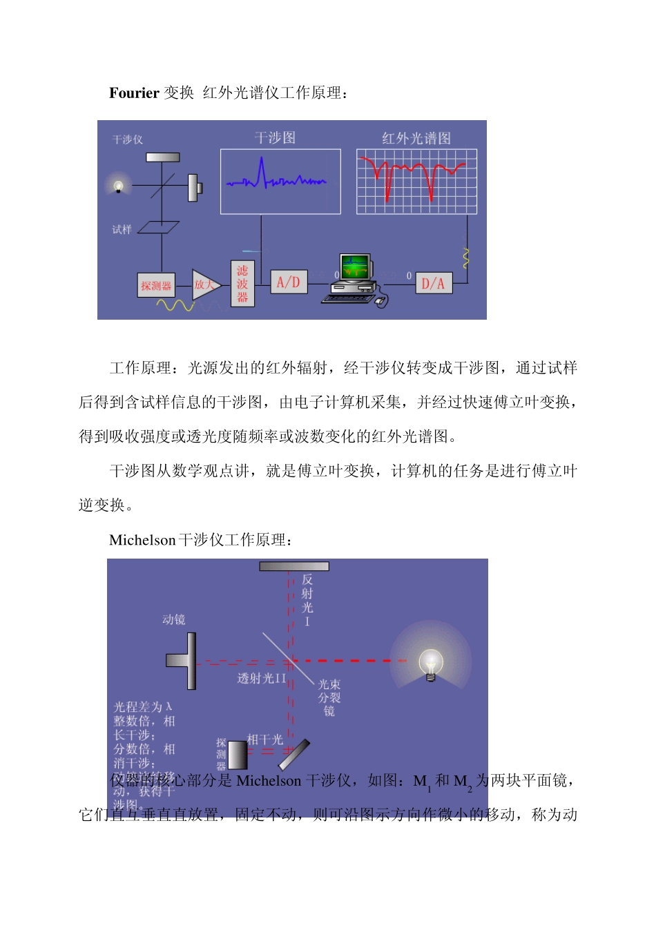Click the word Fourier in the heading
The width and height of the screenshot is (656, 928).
134,93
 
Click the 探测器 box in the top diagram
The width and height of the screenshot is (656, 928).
156,285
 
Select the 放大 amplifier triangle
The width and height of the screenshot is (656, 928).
204,284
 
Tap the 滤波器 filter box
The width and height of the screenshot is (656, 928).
242,284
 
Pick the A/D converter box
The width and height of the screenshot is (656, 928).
288,282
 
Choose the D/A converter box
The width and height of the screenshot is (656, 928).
433,283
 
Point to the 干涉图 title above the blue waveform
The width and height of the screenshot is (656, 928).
275,138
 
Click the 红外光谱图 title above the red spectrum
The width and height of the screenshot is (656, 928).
416,138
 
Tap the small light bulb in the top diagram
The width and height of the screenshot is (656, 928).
118,186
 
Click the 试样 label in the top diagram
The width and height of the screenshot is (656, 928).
122,229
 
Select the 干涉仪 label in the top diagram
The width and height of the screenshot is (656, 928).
128,139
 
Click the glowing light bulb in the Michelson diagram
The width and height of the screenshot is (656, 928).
431,664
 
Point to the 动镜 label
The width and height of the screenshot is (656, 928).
173,619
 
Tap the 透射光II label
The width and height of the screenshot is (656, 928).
261,679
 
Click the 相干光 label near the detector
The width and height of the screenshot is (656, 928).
264,739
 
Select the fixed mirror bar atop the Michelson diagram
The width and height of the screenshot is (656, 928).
294,566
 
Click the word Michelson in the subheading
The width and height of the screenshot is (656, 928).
142,541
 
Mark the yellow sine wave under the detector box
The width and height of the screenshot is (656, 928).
175,304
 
